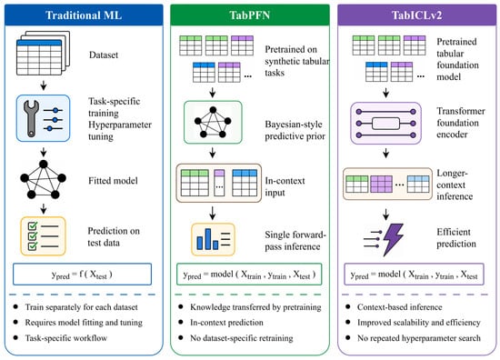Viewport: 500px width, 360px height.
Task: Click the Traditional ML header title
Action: point(84,15)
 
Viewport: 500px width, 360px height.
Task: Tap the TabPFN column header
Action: point(250,15)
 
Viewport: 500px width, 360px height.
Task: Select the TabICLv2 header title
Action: point(416,15)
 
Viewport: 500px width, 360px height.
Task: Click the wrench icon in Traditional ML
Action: point(31,118)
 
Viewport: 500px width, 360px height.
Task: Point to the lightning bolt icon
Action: point(393,239)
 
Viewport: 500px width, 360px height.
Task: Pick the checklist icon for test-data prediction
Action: point(43,236)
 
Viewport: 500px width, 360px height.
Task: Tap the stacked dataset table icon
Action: point(43,53)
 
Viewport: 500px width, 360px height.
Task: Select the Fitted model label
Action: point(114,181)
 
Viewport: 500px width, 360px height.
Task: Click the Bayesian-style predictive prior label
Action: point(295,130)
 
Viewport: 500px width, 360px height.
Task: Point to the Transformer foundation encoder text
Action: point(461,123)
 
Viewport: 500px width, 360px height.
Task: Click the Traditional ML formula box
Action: point(82,275)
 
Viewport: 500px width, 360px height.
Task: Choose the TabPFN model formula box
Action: point(249,275)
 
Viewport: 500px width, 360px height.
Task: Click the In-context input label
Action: point(285,186)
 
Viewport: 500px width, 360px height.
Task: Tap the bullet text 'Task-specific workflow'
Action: point(66,338)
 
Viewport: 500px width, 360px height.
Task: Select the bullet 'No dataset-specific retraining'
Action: point(242,338)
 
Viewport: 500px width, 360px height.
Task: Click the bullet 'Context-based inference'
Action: point(400,307)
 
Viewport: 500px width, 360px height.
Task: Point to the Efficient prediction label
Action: point(456,238)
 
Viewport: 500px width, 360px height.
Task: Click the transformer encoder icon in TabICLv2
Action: point(385,124)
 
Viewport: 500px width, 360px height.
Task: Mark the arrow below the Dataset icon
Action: point(44,85)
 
